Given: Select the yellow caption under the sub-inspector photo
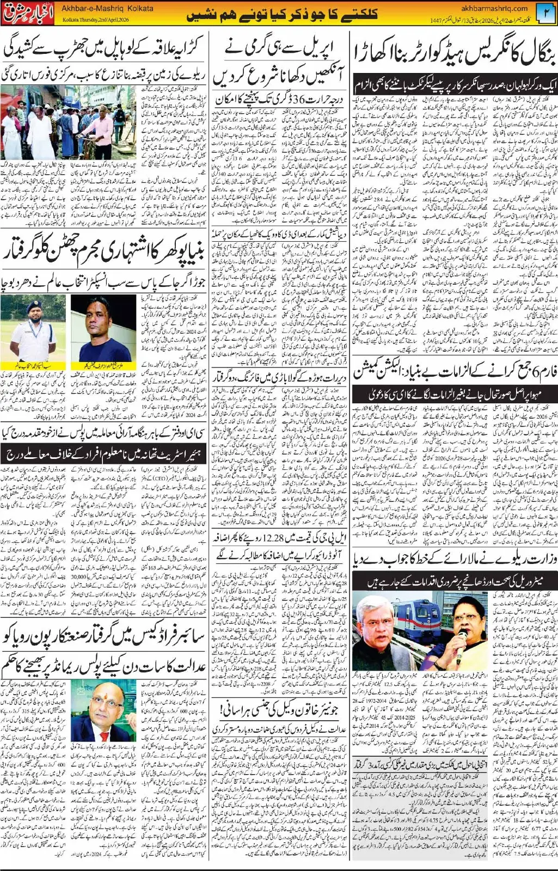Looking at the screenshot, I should (x=34, y=364).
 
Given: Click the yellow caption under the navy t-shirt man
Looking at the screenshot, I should (x=96, y=364).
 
